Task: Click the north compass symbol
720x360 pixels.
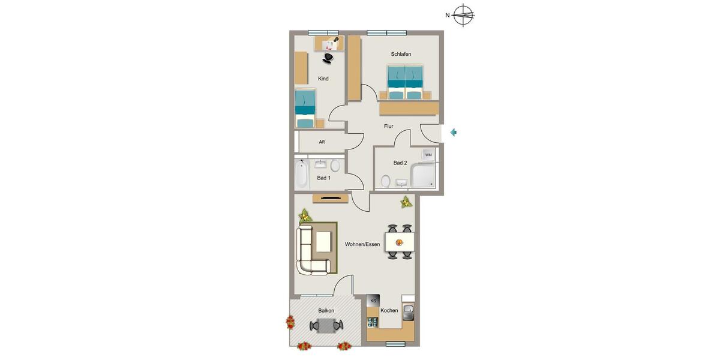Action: [x=463, y=15]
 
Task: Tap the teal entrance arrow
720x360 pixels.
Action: [x=454, y=132]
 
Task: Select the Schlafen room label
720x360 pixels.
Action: [x=401, y=55]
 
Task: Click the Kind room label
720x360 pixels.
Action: [x=323, y=79]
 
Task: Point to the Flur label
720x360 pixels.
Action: [x=389, y=127]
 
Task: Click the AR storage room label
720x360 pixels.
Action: [x=322, y=142]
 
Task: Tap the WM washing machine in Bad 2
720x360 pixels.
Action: [x=428, y=155]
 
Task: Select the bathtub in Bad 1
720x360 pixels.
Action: [x=301, y=174]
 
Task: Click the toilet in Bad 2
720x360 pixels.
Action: [x=385, y=181]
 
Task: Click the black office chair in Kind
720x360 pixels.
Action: [x=328, y=58]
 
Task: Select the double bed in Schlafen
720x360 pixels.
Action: [x=406, y=82]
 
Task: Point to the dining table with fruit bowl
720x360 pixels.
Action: [x=400, y=242]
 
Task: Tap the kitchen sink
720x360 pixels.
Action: [x=408, y=311]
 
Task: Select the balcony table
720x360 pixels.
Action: [x=326, y=326]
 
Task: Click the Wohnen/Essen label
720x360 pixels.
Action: [x=362, y=244]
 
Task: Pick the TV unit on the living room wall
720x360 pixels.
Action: [x=331, y=199]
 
